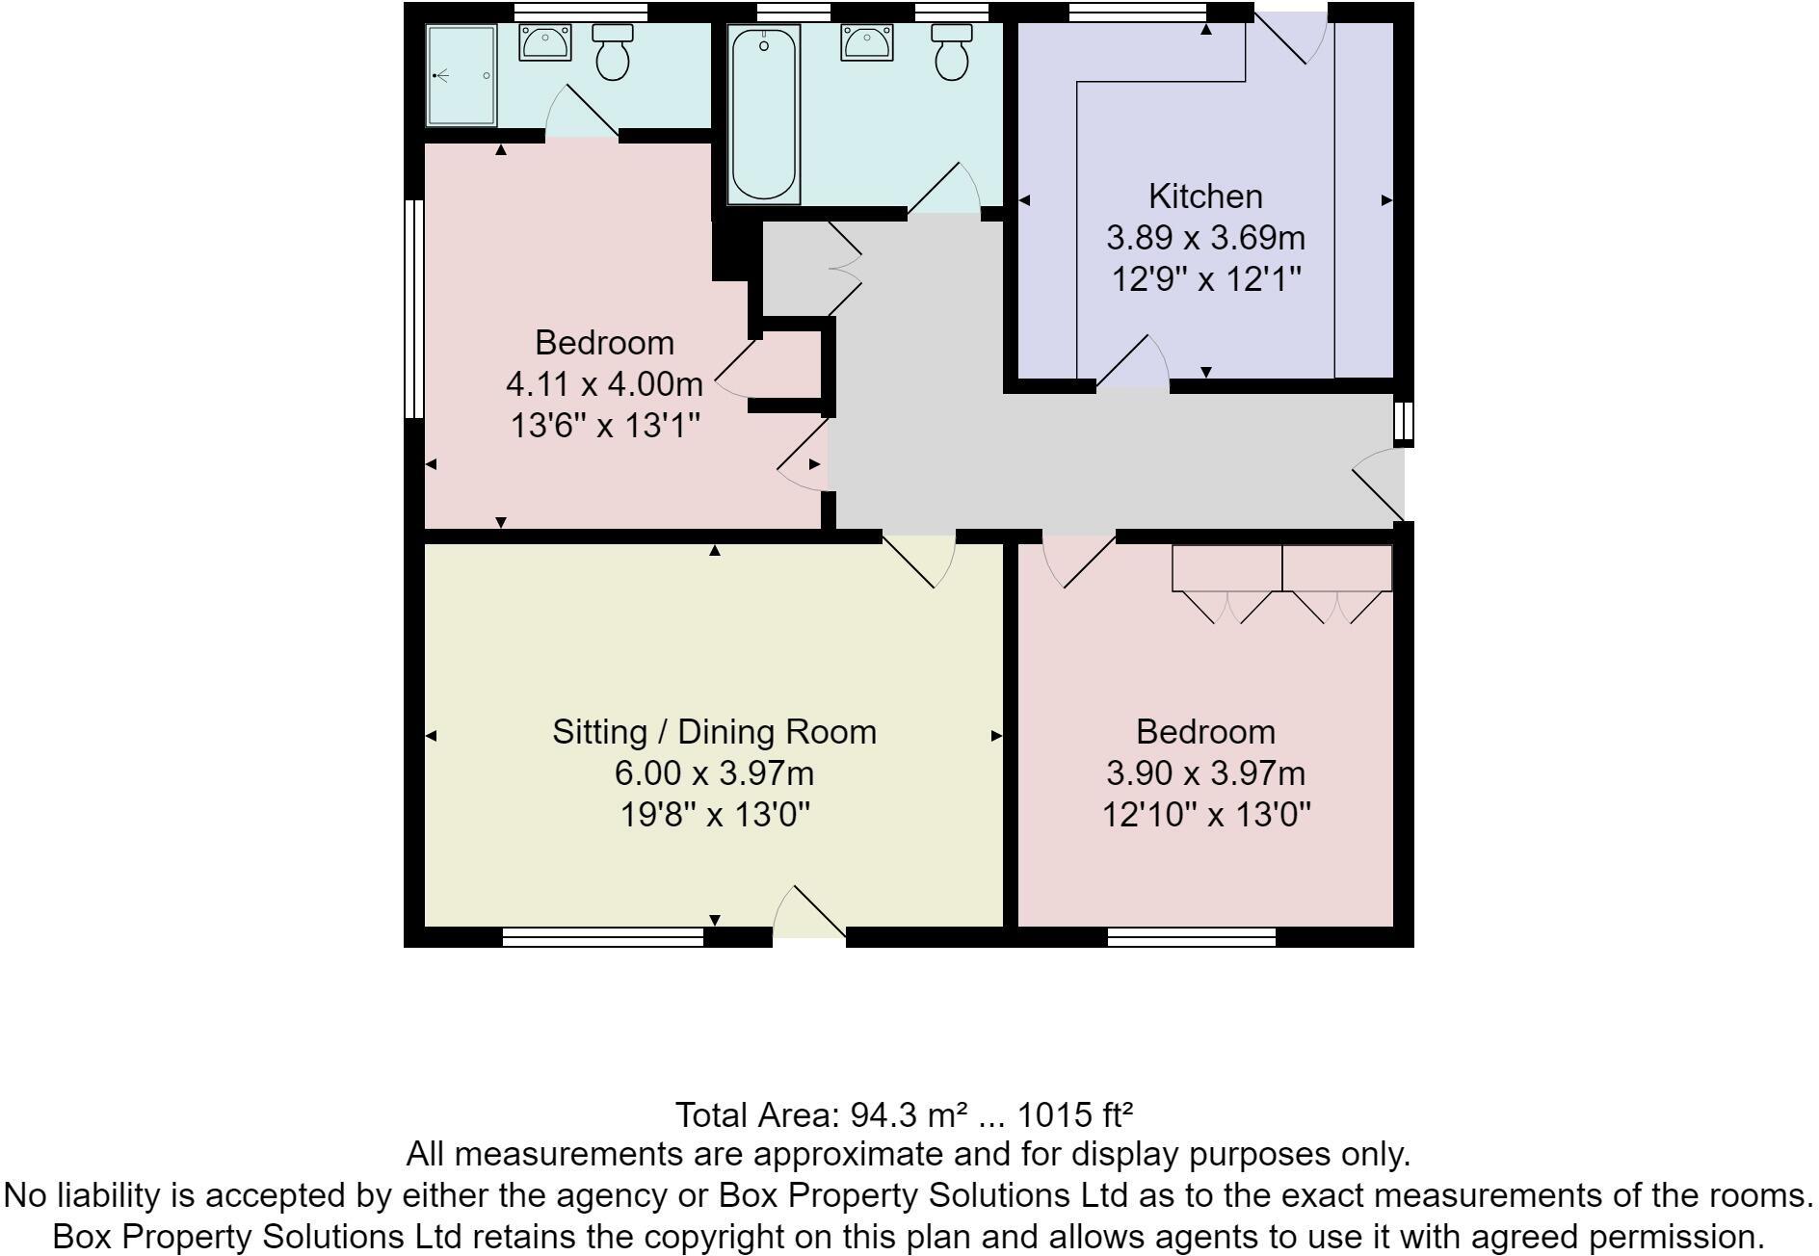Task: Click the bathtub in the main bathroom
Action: coord(764,114)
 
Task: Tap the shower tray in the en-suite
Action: coord(461,75)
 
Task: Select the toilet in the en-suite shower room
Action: coord(612,52)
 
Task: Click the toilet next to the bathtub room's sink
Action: coord(952,52)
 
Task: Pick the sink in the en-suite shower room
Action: coord(545,42)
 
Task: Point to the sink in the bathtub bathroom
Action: coord(866,42)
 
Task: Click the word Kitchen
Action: coord(1205,196)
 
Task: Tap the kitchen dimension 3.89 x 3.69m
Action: coord(1205,238)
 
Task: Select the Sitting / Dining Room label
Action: coord(714,732)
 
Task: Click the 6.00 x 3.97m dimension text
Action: coord(714,773)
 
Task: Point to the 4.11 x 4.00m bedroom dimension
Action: coord(604,384)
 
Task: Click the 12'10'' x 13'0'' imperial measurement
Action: coord(1205,816)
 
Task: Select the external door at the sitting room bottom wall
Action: coord(809,915)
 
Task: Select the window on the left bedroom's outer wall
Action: coord(413,308)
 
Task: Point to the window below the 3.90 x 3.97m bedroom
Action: coord(1192,937)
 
